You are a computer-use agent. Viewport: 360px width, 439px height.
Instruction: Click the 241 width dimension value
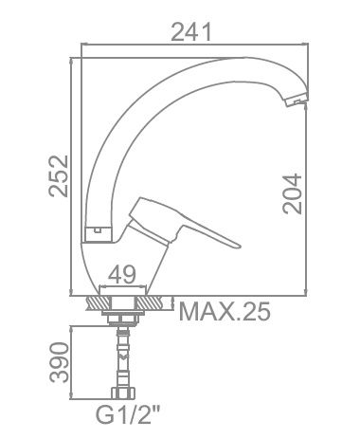(x=190, y=32)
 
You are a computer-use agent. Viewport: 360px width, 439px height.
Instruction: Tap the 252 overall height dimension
(x=59, y=175)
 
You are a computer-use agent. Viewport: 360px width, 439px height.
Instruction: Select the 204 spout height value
(x=292, y=193)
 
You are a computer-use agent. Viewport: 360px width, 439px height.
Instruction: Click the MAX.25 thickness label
(x=225, y=312)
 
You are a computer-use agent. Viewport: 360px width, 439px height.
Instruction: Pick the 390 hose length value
(x=59, y=362)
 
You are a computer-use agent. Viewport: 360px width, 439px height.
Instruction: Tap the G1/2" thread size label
(x=129, y=415)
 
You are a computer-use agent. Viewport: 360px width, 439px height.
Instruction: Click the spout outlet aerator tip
(x=296, y=101)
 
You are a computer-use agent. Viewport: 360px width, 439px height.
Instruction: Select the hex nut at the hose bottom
(x=123, y=393)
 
